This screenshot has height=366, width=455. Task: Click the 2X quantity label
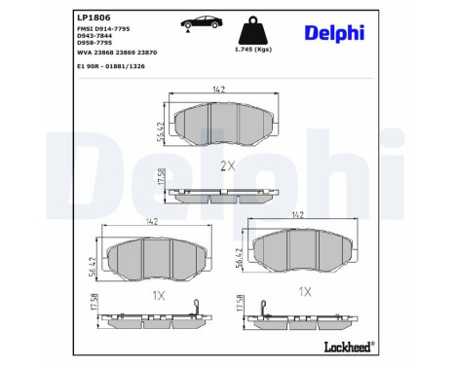227,165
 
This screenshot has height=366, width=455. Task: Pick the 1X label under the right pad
304,290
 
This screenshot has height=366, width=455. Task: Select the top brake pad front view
226,121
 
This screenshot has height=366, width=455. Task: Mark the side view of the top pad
226,192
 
